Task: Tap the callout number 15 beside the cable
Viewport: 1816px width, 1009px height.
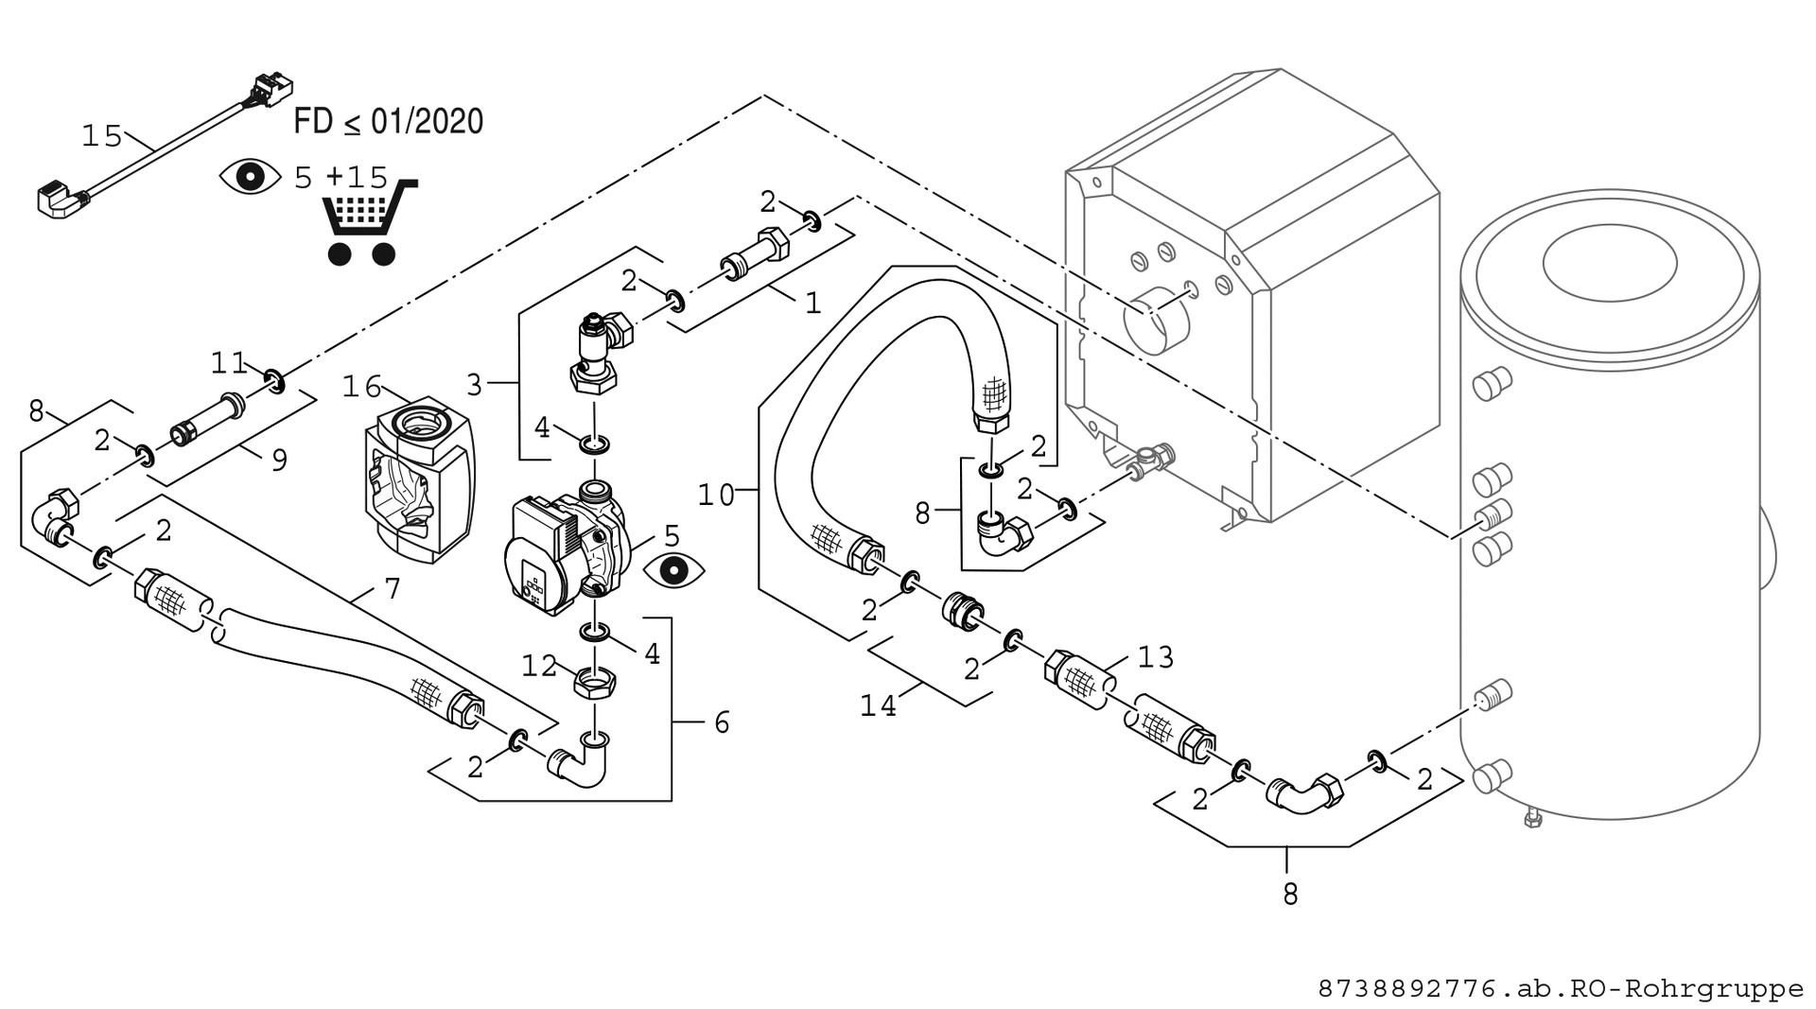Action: (102, 137)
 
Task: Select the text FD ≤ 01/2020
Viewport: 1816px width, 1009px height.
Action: (389, 122)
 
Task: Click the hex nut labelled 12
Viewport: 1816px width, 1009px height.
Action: (596, 681)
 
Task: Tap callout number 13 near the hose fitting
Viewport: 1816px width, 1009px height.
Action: (1155, 656)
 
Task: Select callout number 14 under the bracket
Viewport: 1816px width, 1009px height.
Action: (878, 705)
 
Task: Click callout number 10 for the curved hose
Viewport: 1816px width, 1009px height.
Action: (716, 495)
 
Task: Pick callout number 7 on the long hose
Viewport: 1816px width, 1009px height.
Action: (393, 589)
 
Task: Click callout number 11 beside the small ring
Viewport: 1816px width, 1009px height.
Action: (228, 362)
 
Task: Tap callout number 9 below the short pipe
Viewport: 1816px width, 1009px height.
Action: (279, 461)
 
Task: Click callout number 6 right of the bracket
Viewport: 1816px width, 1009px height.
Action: (722, 723)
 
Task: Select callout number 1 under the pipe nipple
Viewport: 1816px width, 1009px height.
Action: (812, 303)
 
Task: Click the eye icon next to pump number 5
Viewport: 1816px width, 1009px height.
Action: (673, 570)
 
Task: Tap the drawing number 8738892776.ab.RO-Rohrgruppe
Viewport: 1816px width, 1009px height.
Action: (1561, 989)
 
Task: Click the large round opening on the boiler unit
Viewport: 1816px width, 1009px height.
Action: (1157, 321)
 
